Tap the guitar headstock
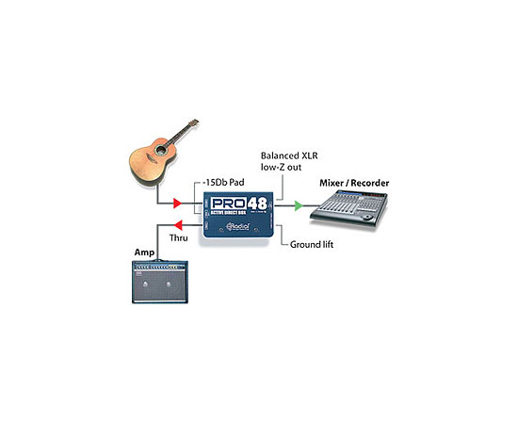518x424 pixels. (x=194, y=123)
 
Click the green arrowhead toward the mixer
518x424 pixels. (x=299, y=204)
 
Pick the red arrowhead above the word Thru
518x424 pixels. (x=174, y=226)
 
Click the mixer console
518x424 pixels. (x=349, y=208)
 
